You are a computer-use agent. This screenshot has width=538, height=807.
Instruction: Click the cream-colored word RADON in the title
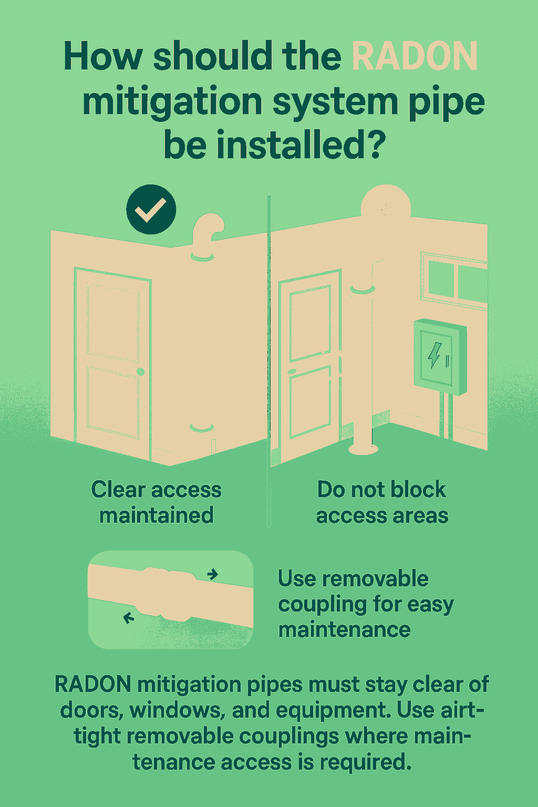pos(415,56)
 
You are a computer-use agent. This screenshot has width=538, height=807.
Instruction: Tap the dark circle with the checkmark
pos(151,209)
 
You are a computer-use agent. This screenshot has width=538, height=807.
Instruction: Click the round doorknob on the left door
pos(140,372)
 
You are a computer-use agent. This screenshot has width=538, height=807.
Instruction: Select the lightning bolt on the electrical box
pos(434,355)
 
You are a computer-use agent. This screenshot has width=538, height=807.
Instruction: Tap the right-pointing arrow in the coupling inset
pos(213,574)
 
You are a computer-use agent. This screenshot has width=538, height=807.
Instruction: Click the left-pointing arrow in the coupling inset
pos(129,618)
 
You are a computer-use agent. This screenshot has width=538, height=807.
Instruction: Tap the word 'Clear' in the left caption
pos(118,490)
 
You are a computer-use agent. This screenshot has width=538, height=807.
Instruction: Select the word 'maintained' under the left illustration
pos(157,515)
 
